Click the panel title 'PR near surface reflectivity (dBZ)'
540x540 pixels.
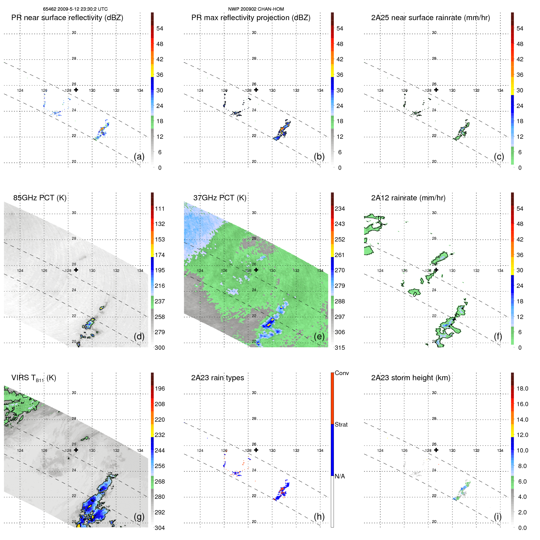(x=67, y=18)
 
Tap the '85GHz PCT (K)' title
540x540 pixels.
(x=40, y=198)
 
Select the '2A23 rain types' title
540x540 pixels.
(x=217, y=378)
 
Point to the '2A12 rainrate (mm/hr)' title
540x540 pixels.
(x=408, y=198)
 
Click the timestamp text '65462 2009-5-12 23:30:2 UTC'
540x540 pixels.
(x=75, y=9)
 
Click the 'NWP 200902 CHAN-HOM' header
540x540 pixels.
(x=256, y=9)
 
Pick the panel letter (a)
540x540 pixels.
(x=139, y=157)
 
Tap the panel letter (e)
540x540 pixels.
(x=319, y=337)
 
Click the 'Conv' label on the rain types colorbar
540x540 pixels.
(x=342, y=373)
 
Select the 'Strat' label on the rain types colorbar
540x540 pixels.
(x=341, y=424)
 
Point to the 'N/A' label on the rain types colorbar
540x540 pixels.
(x=340, y=476)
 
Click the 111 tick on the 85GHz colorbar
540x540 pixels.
(x=159, y=209)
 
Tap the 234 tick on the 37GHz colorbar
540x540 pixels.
(x=340, y=209)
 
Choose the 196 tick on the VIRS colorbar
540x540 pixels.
(x=159, y=388)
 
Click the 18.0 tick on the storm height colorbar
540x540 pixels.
(x=522, y=388)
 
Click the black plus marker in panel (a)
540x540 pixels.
(x=76, y=90)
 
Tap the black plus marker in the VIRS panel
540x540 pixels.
(x=76, y=450)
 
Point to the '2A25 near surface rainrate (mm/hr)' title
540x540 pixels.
(x=430, y=18)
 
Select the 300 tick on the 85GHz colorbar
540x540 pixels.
(x=159, y=348)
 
